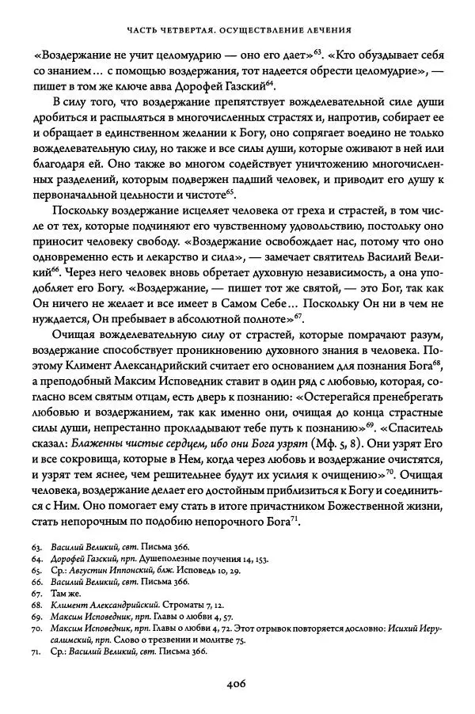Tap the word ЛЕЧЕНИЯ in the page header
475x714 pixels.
[329, 31]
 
